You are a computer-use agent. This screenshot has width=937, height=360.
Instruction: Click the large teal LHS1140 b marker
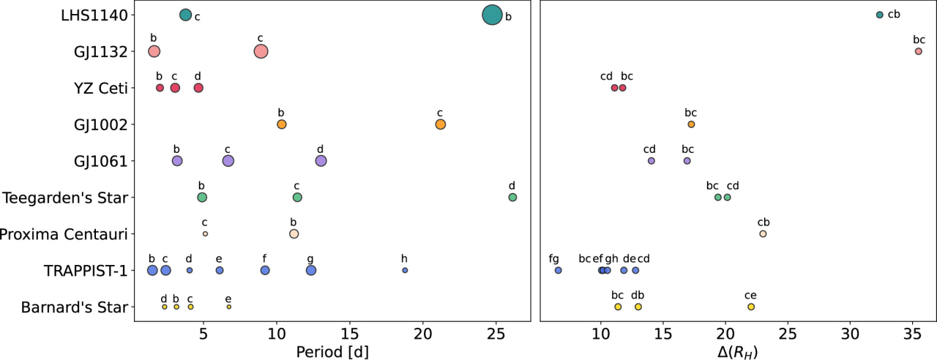click(x=493, y=15)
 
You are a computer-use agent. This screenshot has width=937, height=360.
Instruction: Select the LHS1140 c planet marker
click(x=185, y=15)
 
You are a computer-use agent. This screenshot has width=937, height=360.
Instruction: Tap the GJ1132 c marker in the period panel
click(x=261, y=51)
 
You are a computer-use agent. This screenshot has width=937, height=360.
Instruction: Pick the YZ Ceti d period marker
click(x=198, y=88)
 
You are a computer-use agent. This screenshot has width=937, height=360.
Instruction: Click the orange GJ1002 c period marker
click(x=440, y=124)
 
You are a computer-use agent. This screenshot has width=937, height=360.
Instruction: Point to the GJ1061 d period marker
click(x=321, y=161)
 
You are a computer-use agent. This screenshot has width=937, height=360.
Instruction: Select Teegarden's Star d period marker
click(x=512, y=198)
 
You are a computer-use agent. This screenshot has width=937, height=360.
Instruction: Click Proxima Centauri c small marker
click(x=205, y=233)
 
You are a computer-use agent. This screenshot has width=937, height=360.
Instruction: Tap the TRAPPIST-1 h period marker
click(x=405, y=271)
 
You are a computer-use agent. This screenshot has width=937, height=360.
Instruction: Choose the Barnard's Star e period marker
click(x=228, y=307)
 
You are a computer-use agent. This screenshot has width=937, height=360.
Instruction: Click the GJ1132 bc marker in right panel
click(x=919, y=51)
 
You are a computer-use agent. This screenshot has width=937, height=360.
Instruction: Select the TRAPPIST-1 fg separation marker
click(x=558, y=271)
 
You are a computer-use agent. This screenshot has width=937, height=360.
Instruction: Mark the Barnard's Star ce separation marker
click(x=751, y=307)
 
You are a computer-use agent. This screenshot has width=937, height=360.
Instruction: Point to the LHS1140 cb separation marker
click(x=879, y=15)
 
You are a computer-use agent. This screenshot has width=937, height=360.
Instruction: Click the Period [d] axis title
click(x=332, y=350)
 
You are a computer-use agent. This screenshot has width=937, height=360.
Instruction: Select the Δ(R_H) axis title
click(x=738, y=350)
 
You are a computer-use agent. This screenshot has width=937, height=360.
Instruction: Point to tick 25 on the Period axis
click(x=496, y=333)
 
